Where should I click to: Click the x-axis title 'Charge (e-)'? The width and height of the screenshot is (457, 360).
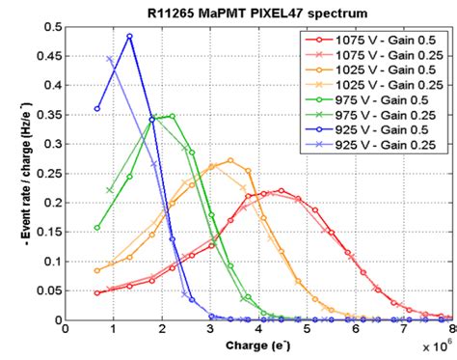260,344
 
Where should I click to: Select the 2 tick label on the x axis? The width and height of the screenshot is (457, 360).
162,329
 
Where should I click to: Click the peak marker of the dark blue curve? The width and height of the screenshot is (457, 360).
129,37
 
